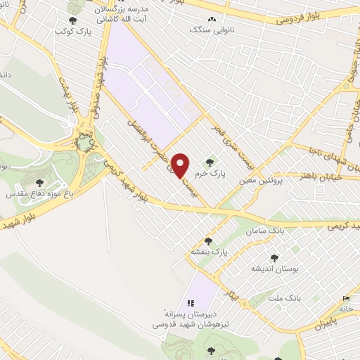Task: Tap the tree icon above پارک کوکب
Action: coord(72,21)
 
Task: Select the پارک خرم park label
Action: coord(230,172)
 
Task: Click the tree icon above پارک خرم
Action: coord(230,162)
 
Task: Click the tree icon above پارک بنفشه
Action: coord(208,241)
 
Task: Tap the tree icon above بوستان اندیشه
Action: coord(274,258)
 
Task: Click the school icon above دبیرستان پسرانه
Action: coord(191,303)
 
